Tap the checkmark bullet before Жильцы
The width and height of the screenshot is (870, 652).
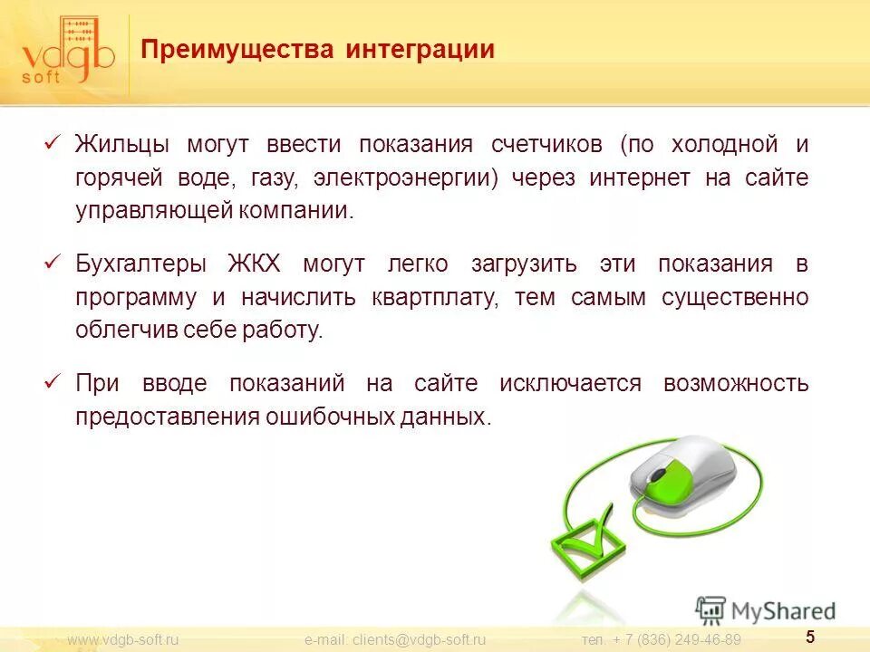pyautogui.click(x=52, y=144)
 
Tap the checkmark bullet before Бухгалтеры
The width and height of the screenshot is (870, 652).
pyautogui.click(x=52, y=264)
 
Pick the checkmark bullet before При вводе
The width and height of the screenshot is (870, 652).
pyautogui.click(x=52, y=383)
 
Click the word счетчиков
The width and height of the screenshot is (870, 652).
pyautogui.click(x=546, y=145)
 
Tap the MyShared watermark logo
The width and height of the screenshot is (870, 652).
pyautogui.click(x=766, y=610)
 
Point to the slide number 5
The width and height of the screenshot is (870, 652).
pyautogui.click(x=810, y=637)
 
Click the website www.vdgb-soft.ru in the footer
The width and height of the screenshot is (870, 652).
pyautogui.click(x=124, y=640)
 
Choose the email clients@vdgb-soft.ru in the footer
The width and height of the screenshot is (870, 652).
pyautogui.click(x=395, y=640)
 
